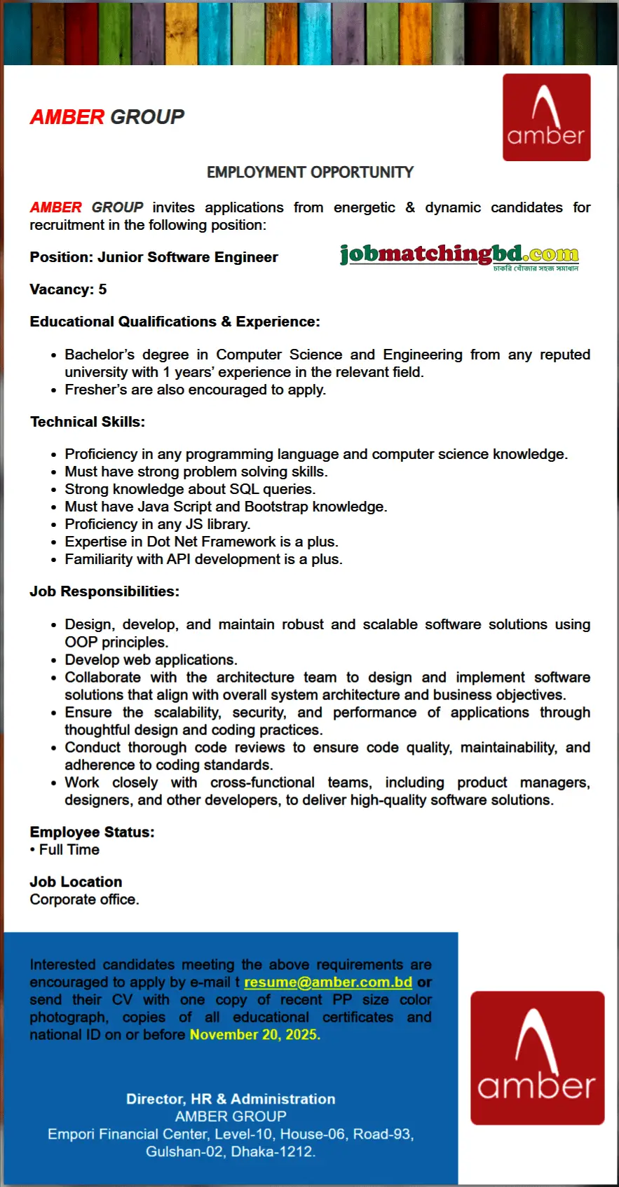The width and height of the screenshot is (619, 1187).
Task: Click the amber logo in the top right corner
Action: tap(546, 118)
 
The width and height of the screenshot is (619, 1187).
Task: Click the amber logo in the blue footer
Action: tap(537, 1057)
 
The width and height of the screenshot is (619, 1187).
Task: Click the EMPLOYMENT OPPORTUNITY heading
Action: tap(310, 172)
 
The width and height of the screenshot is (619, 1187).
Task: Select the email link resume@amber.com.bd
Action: tap(327, 982)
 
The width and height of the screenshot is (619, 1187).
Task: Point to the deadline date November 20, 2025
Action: tap(254, 1034)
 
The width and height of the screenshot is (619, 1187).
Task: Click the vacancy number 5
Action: tap(102, 289)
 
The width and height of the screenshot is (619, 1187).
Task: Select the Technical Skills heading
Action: tap(88, 422)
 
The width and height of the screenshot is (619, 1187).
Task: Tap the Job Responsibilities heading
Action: tap(104, 591)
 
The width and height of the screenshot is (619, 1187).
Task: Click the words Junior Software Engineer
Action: tap(188, 257)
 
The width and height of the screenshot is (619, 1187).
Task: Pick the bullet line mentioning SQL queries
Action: tap(190, 489)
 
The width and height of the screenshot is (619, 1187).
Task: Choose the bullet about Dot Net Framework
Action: tap(201, 542)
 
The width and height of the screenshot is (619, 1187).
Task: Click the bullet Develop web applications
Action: tap(151, 659)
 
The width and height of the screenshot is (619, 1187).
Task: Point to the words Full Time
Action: tap(69, 850)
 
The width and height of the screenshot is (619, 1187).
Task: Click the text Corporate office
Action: tap(84, 900)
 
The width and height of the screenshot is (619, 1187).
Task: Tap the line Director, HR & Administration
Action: tap(231, 1099)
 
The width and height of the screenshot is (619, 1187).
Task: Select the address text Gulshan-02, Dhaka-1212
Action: tap(231, 1151)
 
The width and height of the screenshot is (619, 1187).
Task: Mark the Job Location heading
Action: tap(76, 881)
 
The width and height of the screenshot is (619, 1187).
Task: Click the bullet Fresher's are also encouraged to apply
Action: tap(195, 390)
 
